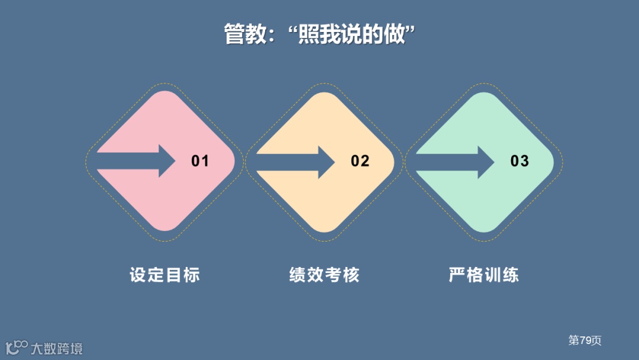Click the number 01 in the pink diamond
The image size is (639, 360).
200,161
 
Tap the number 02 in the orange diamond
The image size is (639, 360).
360,161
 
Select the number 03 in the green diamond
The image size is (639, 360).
519,161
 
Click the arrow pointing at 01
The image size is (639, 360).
139,161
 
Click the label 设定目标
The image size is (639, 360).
164,275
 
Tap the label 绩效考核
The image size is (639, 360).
324,275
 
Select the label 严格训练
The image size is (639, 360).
484,275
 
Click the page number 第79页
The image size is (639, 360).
585,340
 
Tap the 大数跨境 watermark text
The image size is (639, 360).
57,348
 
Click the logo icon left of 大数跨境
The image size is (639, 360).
17,347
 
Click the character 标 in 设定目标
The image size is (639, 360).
191,275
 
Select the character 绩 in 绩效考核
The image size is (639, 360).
298,275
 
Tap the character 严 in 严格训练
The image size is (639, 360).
457,275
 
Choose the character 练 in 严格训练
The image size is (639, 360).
511,275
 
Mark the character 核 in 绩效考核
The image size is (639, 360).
351,275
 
